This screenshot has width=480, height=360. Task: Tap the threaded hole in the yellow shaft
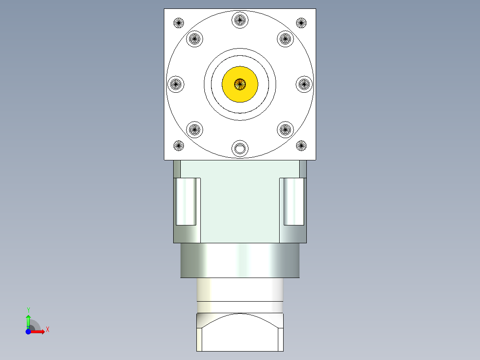(x=240, y=83)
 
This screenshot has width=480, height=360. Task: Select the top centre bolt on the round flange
(x=240, y=19)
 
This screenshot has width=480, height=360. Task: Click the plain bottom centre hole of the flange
(x=240, y=148)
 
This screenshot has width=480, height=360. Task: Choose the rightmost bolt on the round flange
(x=305, y=83)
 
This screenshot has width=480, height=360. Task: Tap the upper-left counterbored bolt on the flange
(x=195, y=38)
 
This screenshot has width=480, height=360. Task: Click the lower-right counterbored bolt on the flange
(x=285, y=130)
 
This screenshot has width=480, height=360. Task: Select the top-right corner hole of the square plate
(x=301, y=22)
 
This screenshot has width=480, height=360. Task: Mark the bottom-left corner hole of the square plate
(x=179, y=145)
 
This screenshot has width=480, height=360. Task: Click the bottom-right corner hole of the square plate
(x=301, y=145)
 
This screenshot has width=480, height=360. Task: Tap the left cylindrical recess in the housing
(x=186, y=201)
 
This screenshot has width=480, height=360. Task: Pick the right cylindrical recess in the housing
(x=294, y=201)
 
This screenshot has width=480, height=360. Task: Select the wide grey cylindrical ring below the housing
(x=240, y=260)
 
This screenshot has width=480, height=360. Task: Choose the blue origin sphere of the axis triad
(x=28, y=331)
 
